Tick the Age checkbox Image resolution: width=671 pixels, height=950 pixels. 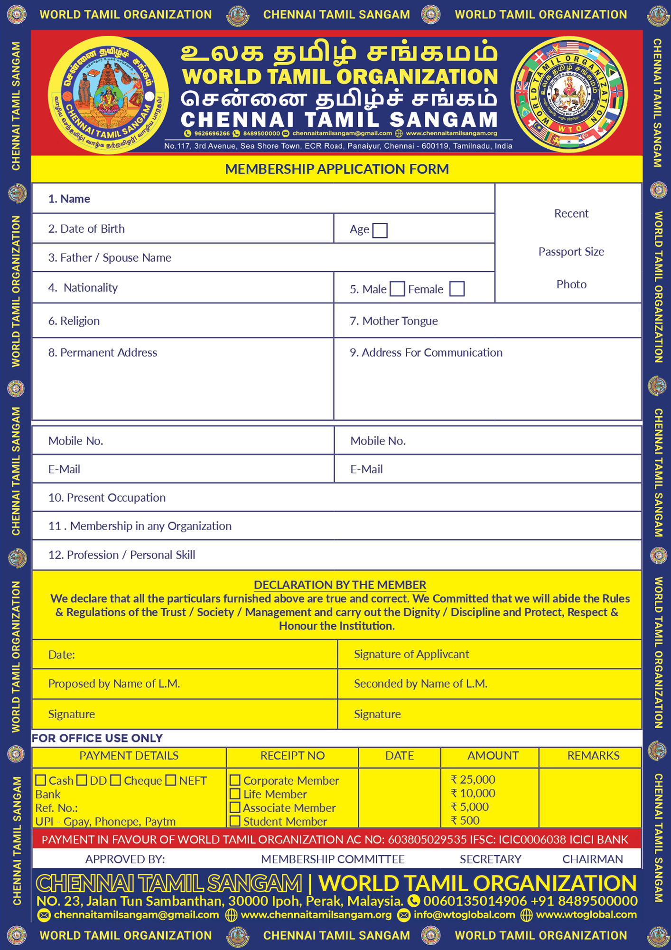click(380, 230)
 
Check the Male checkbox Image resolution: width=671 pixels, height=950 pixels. click(397, 289)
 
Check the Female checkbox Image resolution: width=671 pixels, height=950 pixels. click(457, 289)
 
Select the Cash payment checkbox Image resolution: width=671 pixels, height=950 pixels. click(41, 780)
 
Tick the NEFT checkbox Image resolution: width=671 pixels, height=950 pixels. click(171, 780)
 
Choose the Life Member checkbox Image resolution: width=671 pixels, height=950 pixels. click(235, 794)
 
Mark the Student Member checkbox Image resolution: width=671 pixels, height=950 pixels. click(235, 821)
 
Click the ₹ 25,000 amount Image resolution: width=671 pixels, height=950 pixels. click(473, 779)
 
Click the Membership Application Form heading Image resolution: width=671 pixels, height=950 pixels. click(336, 169)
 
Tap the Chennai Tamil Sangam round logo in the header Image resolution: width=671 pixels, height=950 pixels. click(108, 95)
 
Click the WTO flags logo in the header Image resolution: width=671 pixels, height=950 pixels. click(569, 94)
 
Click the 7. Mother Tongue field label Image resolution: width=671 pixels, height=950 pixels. click(393, 321)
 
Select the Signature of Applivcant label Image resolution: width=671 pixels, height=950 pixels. click(411, 654)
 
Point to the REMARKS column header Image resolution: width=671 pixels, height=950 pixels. click(593, 756)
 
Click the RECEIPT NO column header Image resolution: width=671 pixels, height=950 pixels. click(292, 756)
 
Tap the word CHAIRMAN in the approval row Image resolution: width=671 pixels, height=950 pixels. click(592, 859)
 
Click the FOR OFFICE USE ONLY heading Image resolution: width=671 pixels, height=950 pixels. click(97, 738)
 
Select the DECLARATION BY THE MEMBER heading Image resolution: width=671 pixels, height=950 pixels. click(340, 585)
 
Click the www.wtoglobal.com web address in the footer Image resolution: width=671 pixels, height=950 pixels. click(586, 914)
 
